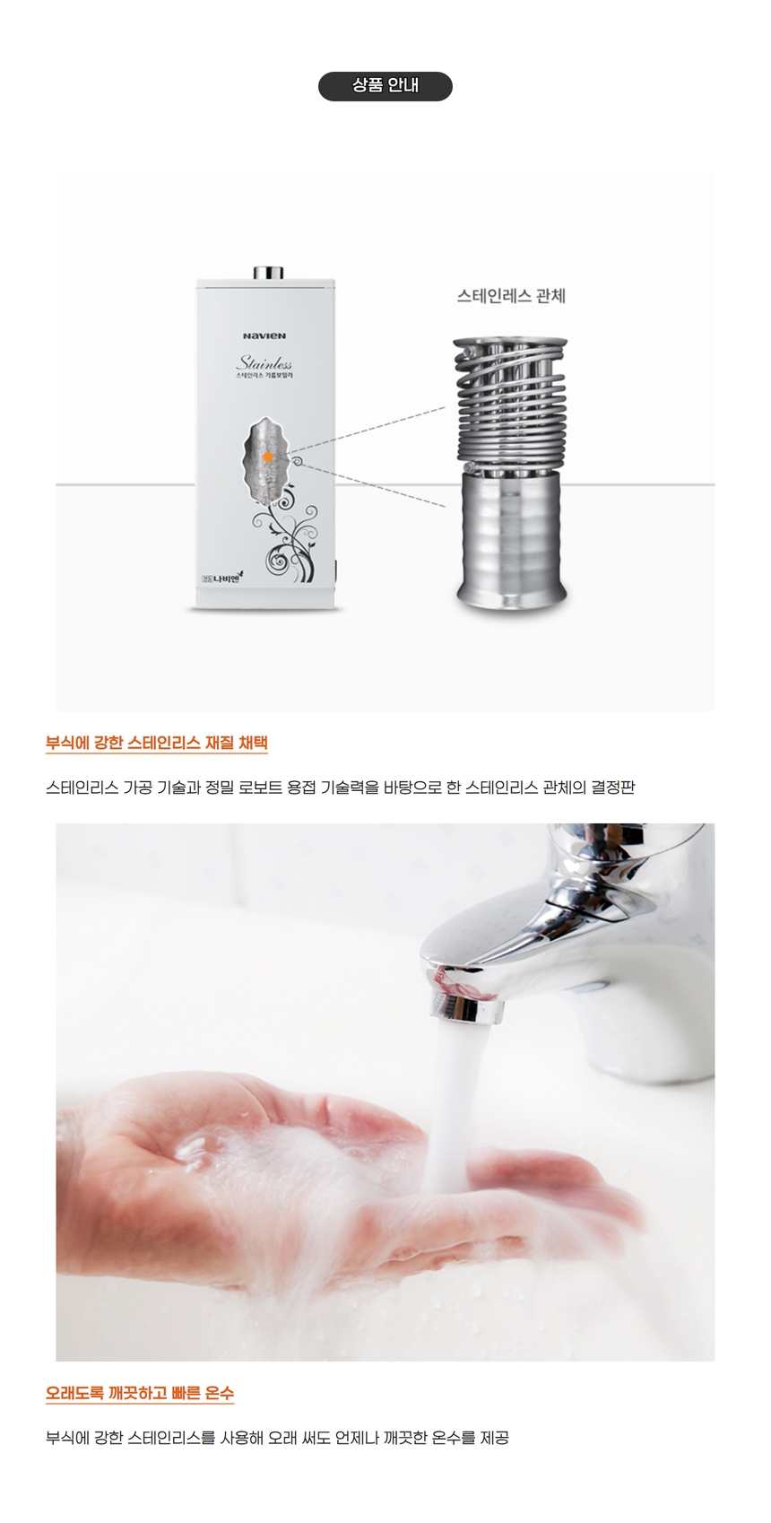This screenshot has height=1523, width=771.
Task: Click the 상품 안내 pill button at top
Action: [385, 86]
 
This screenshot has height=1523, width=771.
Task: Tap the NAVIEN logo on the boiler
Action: [264, 335]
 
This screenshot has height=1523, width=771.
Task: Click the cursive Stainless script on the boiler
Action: [264, 363]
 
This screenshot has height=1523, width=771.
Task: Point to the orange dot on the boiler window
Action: [268, 457]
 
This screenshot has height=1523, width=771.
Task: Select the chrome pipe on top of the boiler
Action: [267, 272]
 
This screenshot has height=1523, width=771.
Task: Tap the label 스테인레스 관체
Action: [511, 296]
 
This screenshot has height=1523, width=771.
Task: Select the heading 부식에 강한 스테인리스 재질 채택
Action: [157, 743]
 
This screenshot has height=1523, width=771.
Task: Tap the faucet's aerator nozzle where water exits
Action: [466, 1007]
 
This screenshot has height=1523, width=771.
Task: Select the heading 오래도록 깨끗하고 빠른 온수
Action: [140, 1393]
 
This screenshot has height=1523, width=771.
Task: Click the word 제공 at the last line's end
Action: [494, 1438]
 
